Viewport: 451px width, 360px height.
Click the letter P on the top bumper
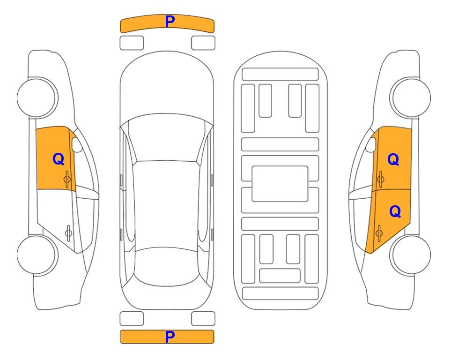(170, 22)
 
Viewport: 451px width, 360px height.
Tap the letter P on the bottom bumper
(170, 337)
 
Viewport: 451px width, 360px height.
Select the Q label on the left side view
(58, 159)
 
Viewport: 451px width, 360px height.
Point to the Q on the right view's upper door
(393, 160)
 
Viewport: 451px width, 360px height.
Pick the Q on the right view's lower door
(395, 212)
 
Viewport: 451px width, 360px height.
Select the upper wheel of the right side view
(411, 97)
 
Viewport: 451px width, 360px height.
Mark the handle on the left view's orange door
(67, 178)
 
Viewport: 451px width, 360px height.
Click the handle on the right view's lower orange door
(379, 232)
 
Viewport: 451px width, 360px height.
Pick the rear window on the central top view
(167, 258)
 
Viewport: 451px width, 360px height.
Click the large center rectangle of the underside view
(280, 183)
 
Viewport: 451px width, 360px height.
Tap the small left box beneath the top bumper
(132, 43)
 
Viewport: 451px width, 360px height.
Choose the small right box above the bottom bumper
(203, 319)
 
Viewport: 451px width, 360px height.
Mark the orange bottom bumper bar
(140, 337)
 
